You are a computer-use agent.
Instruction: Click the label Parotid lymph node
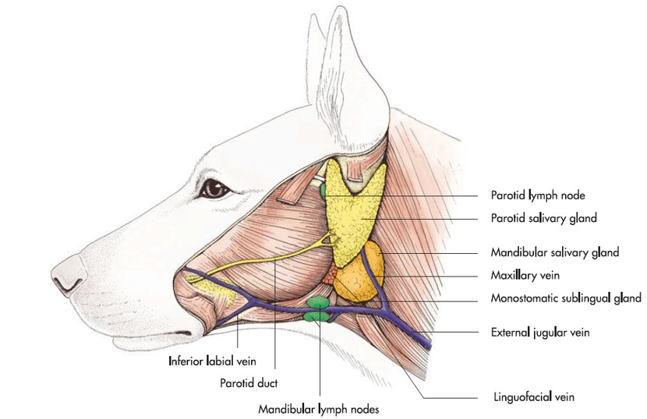pyautogui.click(x=537, y=195)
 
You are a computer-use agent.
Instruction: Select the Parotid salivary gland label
pyautogui.click(x=543, y=219)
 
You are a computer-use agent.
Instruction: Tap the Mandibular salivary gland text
pyautogui.click(x=554, y=253)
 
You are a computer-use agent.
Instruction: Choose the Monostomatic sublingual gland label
pyautogui.click(x=566, y=298)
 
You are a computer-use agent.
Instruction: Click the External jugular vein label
pyautogui.click(x=539, y=332)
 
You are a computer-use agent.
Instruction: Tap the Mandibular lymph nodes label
pyautogui.click(x=320, y=407)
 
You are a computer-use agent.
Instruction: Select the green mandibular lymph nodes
pyautogui.click(x=318, y=308)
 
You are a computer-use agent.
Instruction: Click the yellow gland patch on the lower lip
pyautogui.click(x=211, y=295)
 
